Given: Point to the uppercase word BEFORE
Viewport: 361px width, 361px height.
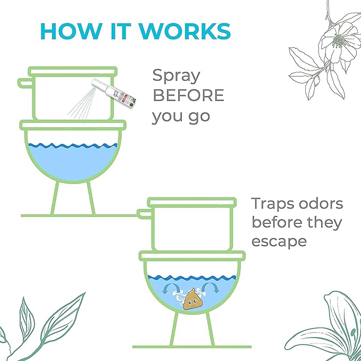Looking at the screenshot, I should pos(188,96).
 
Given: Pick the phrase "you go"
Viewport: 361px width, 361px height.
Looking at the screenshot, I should pos(181,116).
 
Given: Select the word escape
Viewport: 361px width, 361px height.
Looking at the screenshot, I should pos(279,241).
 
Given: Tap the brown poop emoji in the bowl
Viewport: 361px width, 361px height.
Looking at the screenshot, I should pos(190,299).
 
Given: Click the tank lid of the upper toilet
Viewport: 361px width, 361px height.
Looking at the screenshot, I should pos(72,71).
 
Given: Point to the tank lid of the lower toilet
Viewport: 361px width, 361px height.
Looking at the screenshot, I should pos(191,202).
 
